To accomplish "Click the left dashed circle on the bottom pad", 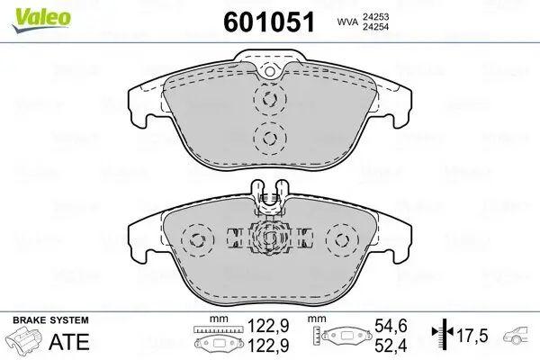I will [x=195, y=240].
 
